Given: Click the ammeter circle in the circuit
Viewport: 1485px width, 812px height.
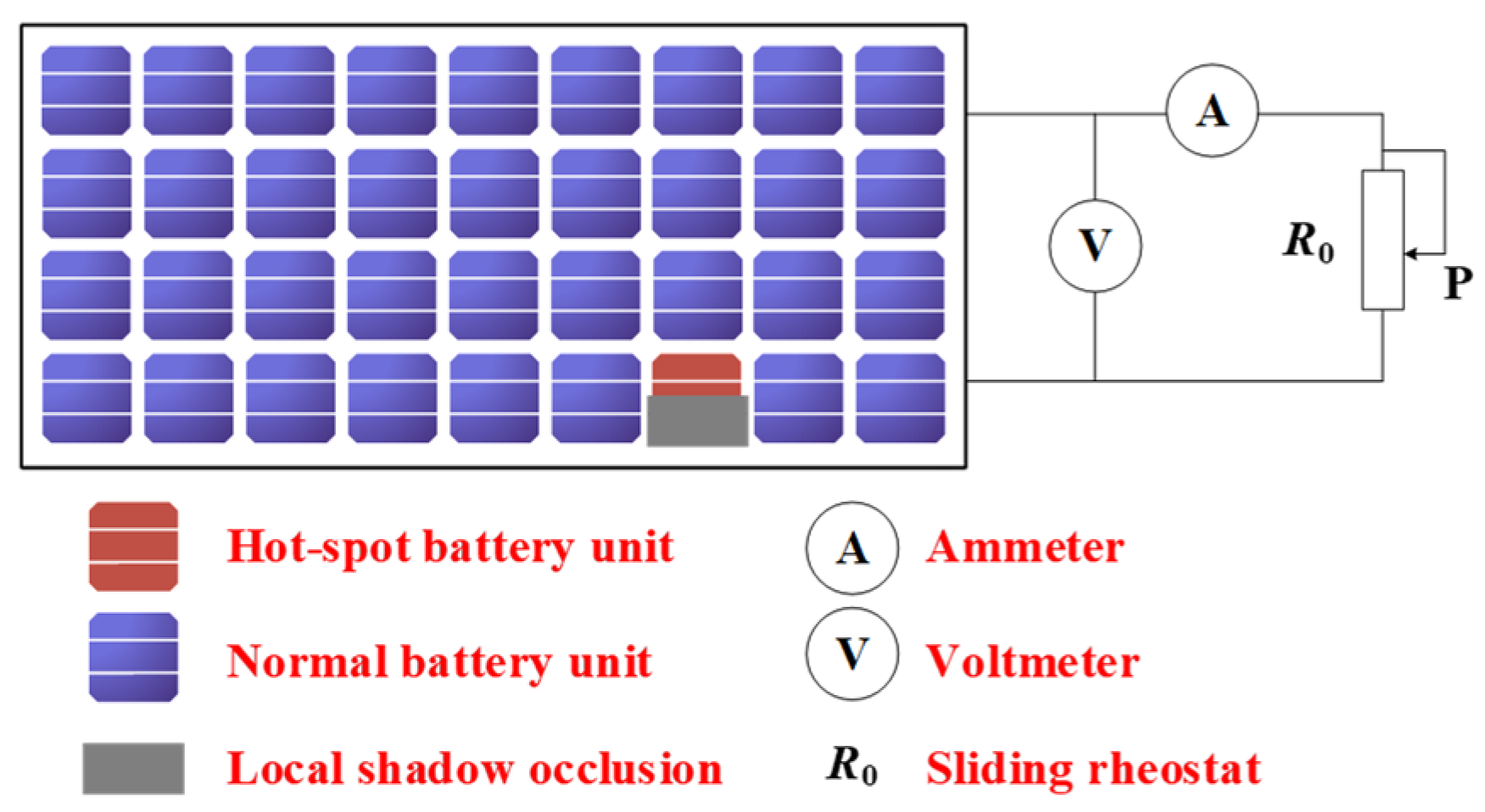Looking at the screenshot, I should (x=1211, y=111).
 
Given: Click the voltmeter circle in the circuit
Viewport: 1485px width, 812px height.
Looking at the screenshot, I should (x=1095, y=246).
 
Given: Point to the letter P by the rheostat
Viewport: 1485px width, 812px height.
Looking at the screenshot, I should (x=1457, y=284).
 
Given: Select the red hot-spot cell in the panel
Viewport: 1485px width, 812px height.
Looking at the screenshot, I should (x=696, y=374).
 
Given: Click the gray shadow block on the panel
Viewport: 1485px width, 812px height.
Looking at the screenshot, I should (x=697, y=420).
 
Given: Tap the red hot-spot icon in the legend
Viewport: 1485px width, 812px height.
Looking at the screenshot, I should (x=134, y=547).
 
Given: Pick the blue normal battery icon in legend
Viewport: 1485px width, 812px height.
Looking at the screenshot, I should (x=134, y=658).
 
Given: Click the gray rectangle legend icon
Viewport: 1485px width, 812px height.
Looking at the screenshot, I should (x=133, y=768).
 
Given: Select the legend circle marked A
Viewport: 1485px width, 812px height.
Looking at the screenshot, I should (x=851, y=548).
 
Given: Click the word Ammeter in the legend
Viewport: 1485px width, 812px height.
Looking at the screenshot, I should (x=1024, y=548).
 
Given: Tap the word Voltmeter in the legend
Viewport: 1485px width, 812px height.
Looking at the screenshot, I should (x=1032, y=661).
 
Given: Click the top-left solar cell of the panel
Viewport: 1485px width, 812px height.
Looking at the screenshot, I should (x=87, y=90).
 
